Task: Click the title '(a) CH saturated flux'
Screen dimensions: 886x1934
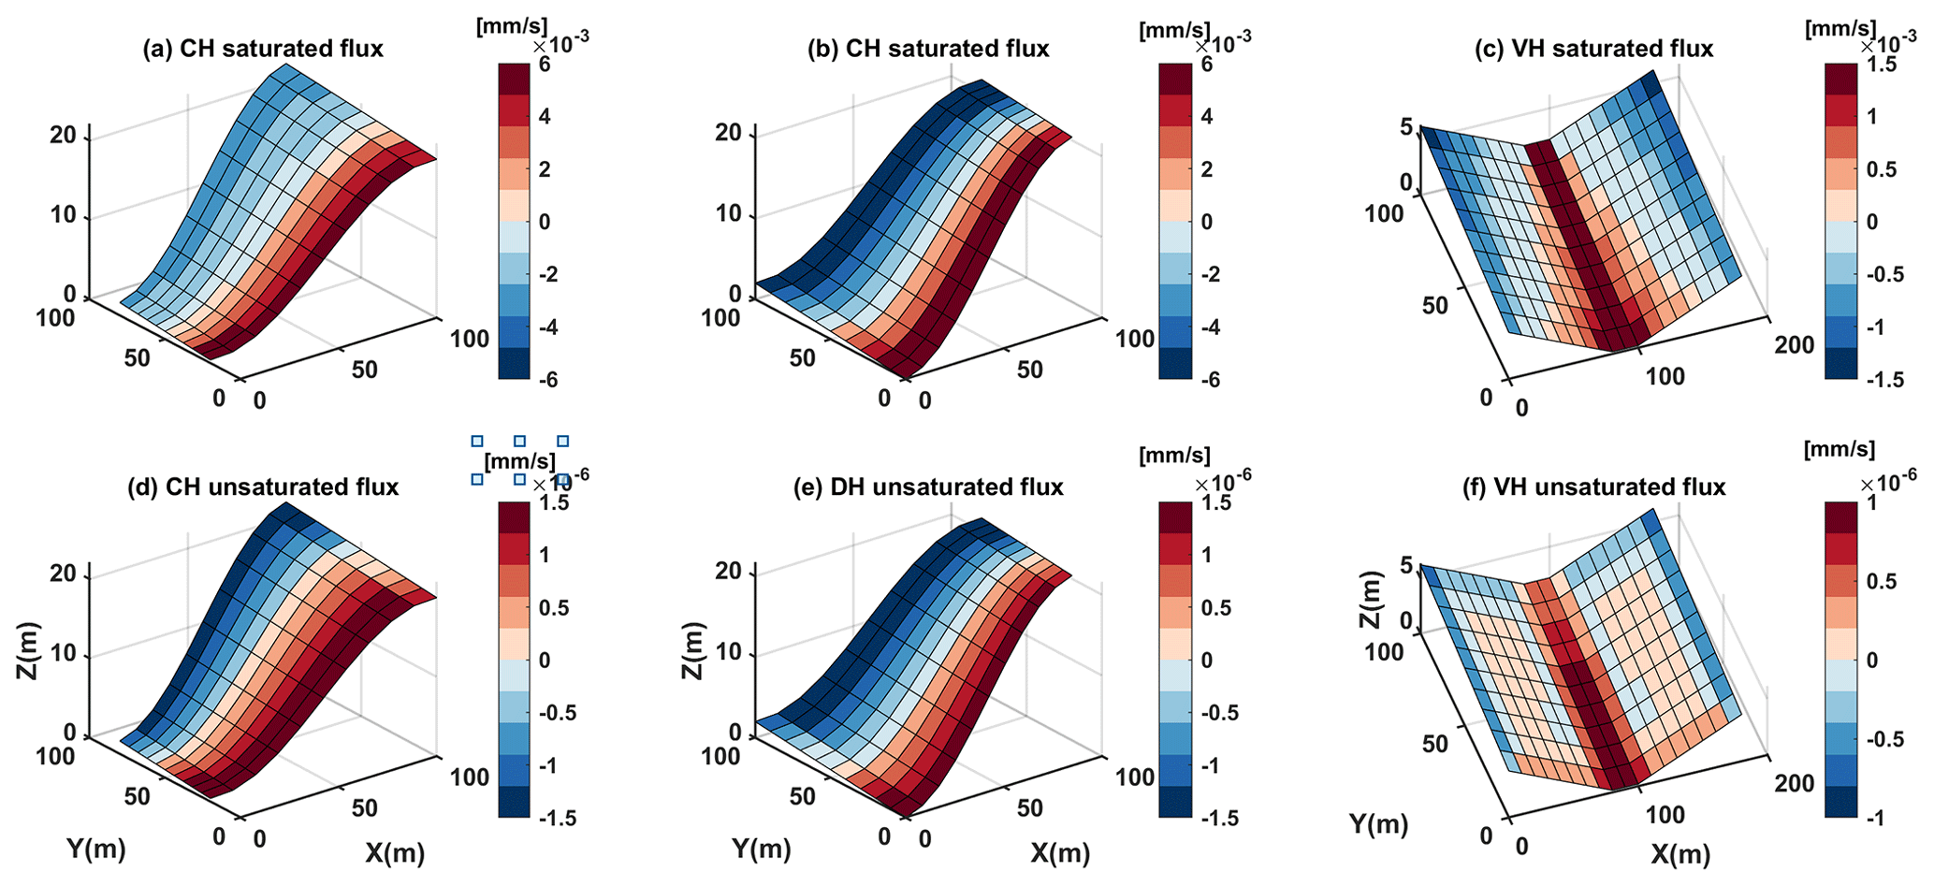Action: coord(262,49)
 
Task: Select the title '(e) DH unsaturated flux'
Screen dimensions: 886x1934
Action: coord(946,487)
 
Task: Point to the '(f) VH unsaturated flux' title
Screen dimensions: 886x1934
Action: coord(1593,487)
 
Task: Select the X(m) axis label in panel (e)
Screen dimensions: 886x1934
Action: coord(1060,852)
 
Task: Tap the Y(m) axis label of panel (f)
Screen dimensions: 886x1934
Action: coord(1378,823)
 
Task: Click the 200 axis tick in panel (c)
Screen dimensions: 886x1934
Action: coord(1794,345)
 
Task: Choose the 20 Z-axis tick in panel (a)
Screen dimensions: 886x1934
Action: coord(64,136)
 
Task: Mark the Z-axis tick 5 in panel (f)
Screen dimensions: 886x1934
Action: coord(1403,564)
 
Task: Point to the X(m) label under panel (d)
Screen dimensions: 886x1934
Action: coord(394,852)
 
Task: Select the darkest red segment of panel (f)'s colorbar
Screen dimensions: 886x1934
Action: coord(1841,516)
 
